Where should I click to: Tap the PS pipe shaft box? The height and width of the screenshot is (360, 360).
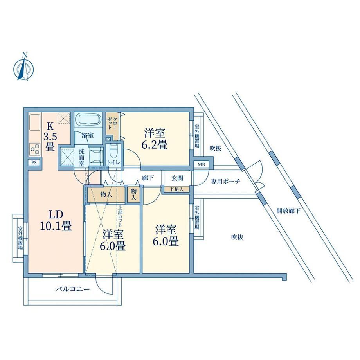pos(34,162)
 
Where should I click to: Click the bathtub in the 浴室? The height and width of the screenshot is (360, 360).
pos(88,120)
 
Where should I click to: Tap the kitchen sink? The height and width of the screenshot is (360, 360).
pos(35,122)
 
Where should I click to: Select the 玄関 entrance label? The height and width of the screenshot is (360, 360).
pos(177,178)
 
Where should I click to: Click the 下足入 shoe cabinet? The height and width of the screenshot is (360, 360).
pos(177,189)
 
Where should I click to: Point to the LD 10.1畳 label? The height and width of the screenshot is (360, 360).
pos(56,220)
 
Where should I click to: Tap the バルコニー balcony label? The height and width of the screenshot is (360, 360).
pos(72,289)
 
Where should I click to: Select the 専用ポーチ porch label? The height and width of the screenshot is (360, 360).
pos(226,182)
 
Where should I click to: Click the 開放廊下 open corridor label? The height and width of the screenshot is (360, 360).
pos(288,211)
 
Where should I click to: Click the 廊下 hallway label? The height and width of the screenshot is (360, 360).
pos(148,178)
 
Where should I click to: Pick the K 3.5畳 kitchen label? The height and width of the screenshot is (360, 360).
pos(50,137)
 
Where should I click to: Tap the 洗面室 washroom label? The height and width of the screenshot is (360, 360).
pos(82,157)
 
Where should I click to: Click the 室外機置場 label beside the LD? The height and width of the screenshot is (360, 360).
pos(20,238)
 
